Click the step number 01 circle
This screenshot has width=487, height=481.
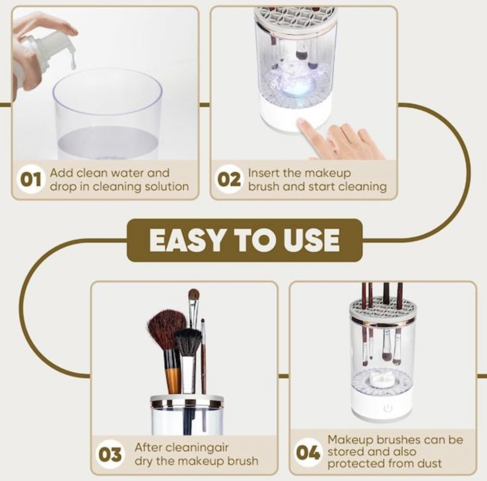[x=30, y=180]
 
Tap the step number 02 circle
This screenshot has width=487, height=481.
[x=229, y=180]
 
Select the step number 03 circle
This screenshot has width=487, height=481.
[x=110, y=454]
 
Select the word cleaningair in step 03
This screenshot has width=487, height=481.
[x=197, y=448]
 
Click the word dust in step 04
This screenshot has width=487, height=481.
[x=430, y=464]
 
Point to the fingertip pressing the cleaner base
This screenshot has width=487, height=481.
[x=301, y=122]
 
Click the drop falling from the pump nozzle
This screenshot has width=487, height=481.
[x=73, y=63]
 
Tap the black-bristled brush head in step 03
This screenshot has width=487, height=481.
[x=189, y=343]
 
